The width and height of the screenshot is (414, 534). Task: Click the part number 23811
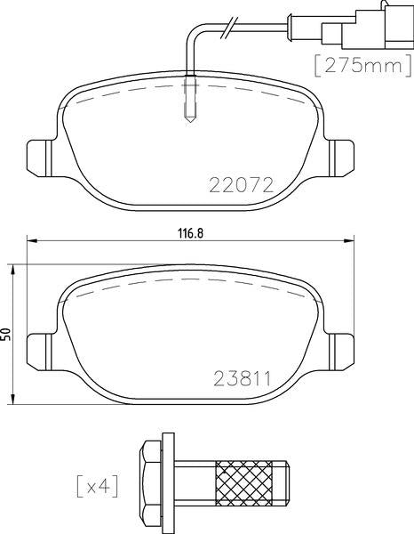click(x=240, y=378)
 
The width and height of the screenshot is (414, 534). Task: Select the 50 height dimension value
click(x=7, y=333)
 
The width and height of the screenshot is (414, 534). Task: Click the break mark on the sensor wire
click(x=229, y=26)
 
